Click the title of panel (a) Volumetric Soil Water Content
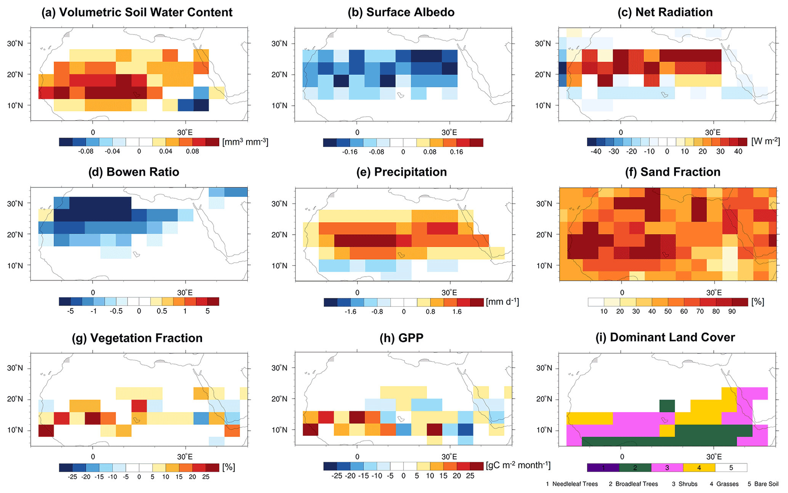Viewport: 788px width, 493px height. pos(137,12)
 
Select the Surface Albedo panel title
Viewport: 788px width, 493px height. pos(401,12)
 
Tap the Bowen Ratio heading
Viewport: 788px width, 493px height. pos(134,172)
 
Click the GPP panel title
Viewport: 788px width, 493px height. pos(401,338)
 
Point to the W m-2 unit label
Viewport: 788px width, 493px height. pos(765,141)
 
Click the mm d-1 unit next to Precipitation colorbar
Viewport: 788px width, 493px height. pos(502,302)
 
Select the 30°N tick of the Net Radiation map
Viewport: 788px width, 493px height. pos(543,43)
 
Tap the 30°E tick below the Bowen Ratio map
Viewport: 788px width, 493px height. pos(185,292)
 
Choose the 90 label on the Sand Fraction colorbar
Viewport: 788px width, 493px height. pos(732,312)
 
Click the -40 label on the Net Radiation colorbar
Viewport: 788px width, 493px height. pos(596,151)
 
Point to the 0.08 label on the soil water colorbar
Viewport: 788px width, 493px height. pos(193,151)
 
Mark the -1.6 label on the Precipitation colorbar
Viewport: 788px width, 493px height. pos(350,312)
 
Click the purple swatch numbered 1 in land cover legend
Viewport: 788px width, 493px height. pos(603,468)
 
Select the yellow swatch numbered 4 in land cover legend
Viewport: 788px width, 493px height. pos(699,468)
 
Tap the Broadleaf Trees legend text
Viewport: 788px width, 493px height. pos(633,484)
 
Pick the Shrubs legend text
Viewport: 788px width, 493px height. pos(685,484)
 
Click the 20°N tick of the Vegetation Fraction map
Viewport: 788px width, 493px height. pos(15,399)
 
